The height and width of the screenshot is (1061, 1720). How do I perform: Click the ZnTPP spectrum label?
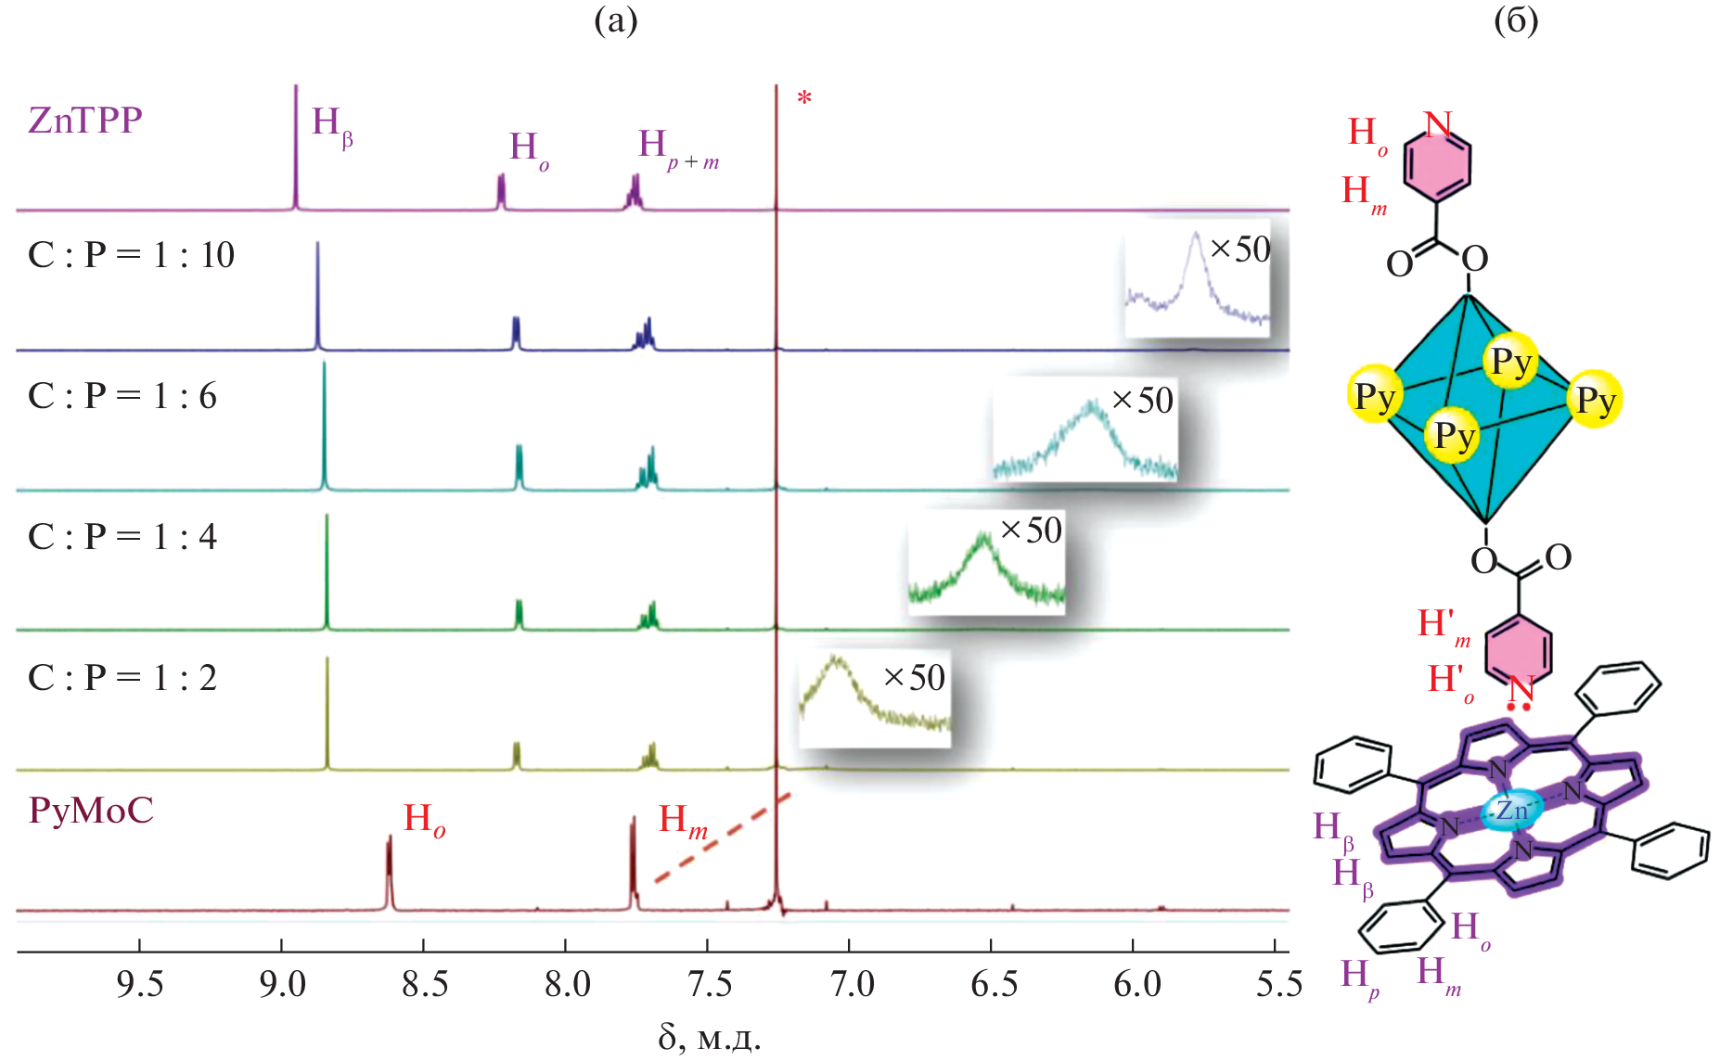tap(85, 121)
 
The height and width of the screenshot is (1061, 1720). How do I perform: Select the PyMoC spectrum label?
tap(91, 811)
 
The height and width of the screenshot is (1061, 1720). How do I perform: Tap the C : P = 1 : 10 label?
tap(131, 255)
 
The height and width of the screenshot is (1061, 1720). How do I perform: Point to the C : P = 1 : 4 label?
tap(122, 537)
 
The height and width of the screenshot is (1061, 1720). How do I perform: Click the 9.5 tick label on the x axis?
tap(140, 984)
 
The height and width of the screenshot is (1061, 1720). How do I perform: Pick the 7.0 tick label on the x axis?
tap(851, 984)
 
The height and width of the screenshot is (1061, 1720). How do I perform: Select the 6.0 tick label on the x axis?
tap(1136, 984)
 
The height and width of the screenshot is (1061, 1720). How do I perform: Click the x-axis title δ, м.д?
tap(710, 1038)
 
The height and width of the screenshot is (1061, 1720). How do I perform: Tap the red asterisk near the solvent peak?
tap(804, 97)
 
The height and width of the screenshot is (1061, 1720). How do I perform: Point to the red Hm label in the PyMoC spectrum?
tap(683, 821)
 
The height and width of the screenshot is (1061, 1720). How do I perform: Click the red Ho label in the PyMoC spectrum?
tap(424, 820)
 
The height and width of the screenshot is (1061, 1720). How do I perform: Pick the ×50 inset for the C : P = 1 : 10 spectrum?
tap(1197, 283)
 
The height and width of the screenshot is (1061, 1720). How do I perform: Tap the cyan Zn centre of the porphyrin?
tap(1511, 811)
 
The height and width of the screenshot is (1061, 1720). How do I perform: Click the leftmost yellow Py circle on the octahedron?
tap(1374, 395)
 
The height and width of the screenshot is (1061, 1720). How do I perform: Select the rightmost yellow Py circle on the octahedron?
tap(1596, 400)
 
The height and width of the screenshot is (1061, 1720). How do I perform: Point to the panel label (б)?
tap(1516, 20)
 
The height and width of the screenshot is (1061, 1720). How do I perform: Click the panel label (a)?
tap(615, 20)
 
